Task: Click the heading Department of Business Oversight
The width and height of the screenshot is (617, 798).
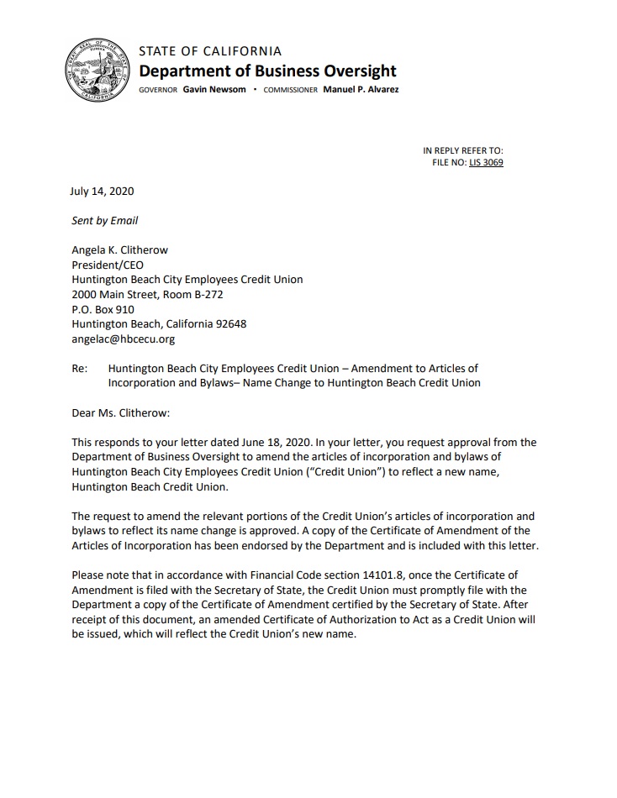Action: click(x=267, y=71)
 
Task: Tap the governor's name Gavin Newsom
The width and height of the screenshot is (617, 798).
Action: click(x=214, y=89)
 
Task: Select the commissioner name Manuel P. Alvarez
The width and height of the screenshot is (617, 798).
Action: click(x=361, y=89)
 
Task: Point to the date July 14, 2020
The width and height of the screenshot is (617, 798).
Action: click(x=103, y=191)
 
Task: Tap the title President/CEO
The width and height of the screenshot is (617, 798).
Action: click(x=108, y=265)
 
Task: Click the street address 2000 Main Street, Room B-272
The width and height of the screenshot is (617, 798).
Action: click(x=147, y=295)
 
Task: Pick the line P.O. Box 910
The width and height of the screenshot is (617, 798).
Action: click(x=103, y=309)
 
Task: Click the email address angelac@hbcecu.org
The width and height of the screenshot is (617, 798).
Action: click(x=123, y=339)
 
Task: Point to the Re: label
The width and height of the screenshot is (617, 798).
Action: click(x=80, y=369)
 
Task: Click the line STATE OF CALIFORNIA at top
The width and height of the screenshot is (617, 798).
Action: click(x=210, y=50)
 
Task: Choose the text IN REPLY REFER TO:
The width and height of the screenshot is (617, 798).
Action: click(x=463, y=150)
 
